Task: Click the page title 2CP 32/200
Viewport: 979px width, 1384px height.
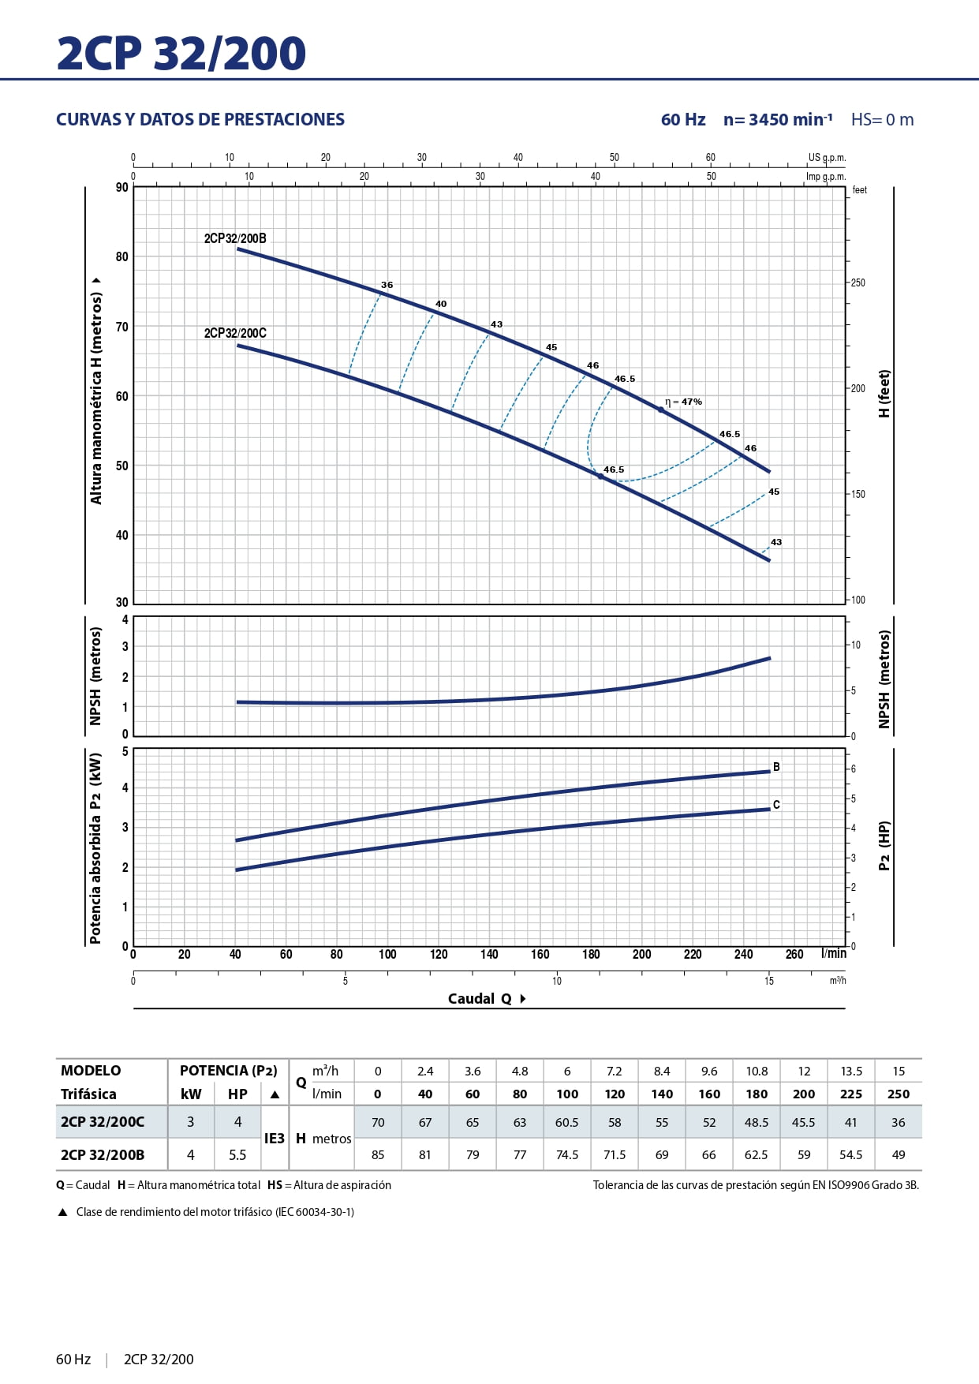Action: (181, 54)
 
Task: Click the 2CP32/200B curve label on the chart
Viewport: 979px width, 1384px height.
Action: (235, 238)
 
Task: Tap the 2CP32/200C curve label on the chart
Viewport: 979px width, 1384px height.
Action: (235, 333)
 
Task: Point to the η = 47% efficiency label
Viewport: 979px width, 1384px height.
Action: (683, 402)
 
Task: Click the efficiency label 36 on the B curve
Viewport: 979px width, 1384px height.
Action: (387, 285)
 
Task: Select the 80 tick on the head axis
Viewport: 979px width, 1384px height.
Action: (121, 256)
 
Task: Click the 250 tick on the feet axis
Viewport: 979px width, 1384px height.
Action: (858, 282)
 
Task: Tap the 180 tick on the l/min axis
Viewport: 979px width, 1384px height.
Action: (591, 954)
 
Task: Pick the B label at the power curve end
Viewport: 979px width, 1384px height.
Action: (776, 767)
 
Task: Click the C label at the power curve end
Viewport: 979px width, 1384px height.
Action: (776, 805)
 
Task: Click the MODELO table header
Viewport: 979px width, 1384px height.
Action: (91, 1071)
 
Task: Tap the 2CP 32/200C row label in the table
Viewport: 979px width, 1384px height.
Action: (103, 1122)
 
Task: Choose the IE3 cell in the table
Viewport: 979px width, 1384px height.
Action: (274, 1139)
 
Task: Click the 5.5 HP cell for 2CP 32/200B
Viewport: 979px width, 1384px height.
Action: (237, 1154)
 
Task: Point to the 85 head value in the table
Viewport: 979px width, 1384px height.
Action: (378, 1154)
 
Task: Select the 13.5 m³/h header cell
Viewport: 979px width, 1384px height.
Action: (851, 1071)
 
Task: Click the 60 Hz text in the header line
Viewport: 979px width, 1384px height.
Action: (683, 120)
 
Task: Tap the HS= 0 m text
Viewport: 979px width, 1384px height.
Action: (882, 120)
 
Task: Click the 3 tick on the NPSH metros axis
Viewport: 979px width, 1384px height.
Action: (125, 646)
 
